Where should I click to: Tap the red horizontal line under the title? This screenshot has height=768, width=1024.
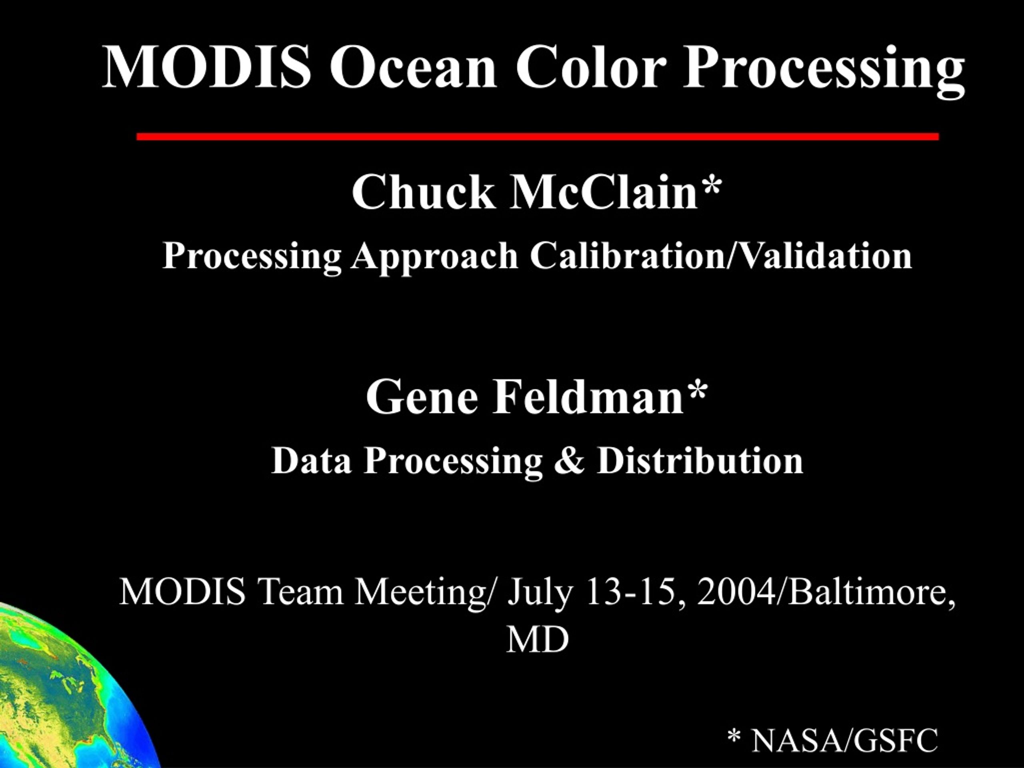point(538,136)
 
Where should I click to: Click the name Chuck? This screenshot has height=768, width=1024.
point(423,192)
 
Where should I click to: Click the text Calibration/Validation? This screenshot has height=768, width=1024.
point(721,256)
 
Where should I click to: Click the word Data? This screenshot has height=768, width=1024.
point(311,461)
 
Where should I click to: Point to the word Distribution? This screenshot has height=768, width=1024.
point(700,461)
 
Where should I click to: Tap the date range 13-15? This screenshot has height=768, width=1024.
point(634,592)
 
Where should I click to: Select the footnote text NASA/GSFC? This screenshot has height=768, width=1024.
point(844,740)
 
